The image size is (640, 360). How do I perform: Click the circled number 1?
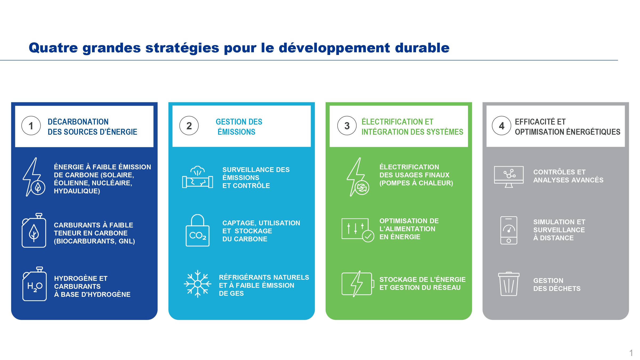(31, 126)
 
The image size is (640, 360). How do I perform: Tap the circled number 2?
(189, 126)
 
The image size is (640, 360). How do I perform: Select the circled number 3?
(347, 126)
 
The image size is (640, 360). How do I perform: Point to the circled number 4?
(501, 126)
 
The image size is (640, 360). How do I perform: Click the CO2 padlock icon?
(197, 230)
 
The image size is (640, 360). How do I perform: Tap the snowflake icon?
(197, 284)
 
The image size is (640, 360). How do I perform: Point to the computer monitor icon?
(509, 177)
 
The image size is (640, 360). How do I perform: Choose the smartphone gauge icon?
(509, 230)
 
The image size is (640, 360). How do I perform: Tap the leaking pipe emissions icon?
(197, 177)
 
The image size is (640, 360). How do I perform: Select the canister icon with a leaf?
(34, 230)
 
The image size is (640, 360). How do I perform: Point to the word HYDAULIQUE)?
(77, 191)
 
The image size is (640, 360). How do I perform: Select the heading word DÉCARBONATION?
(78, 122)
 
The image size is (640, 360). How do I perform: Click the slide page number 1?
(631, 353)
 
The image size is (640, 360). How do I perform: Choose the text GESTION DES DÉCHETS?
(557, 285)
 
